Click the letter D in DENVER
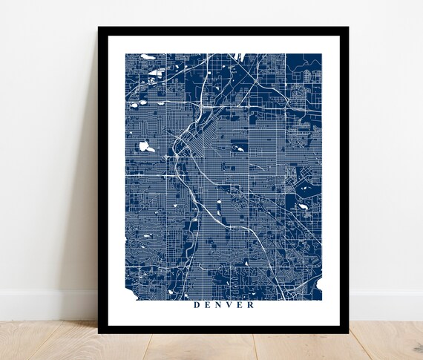click(x=196, y=304)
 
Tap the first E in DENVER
click(x=208, y=304)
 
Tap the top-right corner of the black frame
click(x=347, y=28)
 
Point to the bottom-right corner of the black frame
click(x=347, y=331)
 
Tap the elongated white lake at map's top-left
click(x=148, y=56)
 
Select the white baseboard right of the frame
click(x=386, y=304)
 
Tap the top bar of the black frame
click(x=223, y=30)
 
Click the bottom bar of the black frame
click(x=223, y=330)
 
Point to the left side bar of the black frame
click(x=102, y=178)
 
